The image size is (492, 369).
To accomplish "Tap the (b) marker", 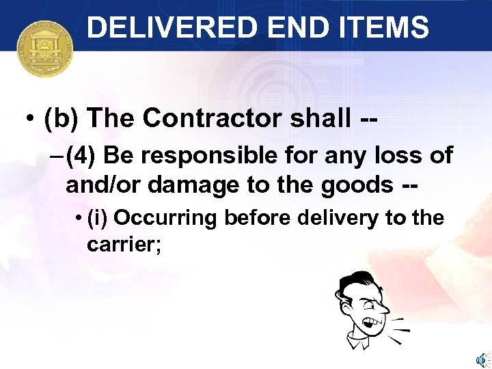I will pyautogui.click(x=61, y=119).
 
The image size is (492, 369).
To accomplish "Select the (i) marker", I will pyautogui.click(x=99, y=218).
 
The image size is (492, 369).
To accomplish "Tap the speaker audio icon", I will pyautogui.click(x=481, y=359).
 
